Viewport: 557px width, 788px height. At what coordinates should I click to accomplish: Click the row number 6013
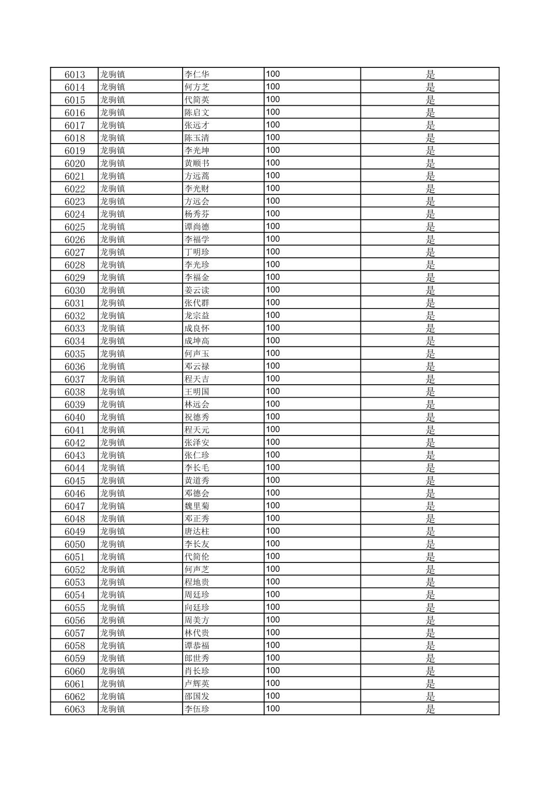(75, 75)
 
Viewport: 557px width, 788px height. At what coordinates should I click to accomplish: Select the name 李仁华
(197, 74)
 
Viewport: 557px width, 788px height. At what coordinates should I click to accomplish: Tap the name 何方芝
(197, 87)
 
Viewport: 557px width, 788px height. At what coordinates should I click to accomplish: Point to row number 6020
(75, 164)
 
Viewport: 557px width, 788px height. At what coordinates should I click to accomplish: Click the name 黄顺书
(197, 163)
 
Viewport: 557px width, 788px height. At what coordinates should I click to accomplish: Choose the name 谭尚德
(197, 227)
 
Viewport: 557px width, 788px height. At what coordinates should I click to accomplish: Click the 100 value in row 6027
(273, 251)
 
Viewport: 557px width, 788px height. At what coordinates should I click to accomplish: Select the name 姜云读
(197, 290)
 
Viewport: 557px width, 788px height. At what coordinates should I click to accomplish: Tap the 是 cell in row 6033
(430, 328)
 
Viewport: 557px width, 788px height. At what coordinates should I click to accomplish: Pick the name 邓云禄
(197, 367)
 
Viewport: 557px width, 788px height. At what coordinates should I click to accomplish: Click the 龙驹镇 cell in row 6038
(113, 392)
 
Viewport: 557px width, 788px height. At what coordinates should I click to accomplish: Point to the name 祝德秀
(197, 417)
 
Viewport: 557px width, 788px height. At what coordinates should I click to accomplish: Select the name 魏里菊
(197, 506)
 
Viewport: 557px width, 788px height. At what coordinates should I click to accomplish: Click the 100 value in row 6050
(273, 543)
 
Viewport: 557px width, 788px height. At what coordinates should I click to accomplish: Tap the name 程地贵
(197, 582)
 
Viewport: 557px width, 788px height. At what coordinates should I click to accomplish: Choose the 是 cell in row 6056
(430, 621)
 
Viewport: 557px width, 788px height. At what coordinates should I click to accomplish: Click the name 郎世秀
(197, 658)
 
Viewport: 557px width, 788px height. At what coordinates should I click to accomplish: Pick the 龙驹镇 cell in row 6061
(113, 684)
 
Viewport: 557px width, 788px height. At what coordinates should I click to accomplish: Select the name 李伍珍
(197, 709)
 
